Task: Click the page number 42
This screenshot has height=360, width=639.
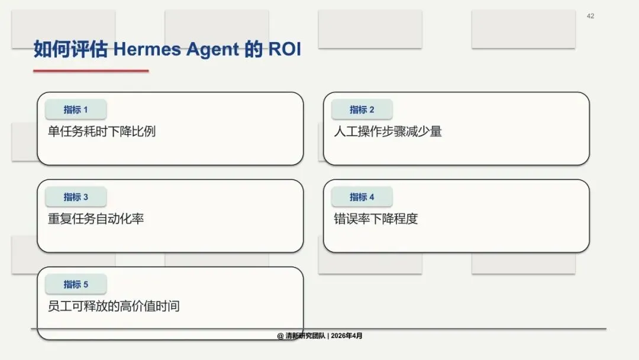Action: (590, 16)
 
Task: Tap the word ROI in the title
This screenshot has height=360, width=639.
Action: (285, 50)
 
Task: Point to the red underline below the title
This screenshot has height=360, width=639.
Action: (91, 71)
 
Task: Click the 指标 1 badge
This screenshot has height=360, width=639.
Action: (76, 110)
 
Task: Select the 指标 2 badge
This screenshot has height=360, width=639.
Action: (362, 110)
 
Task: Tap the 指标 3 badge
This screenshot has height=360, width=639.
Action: (76, 197)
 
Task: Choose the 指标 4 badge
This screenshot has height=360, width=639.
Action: (362, 197)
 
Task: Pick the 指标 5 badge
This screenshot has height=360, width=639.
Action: (76, 285)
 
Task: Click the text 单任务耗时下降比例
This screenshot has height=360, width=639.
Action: (102, 131)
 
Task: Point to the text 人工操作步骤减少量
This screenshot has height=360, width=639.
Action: (388, 131)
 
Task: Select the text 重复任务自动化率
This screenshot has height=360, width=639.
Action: (96, 219)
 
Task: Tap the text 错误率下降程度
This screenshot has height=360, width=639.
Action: (376, 219)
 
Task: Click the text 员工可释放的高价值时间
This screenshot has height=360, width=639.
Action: (114, 307)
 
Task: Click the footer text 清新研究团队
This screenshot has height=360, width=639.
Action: (305, 336)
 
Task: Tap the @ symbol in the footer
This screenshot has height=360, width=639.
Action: (280, 336)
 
